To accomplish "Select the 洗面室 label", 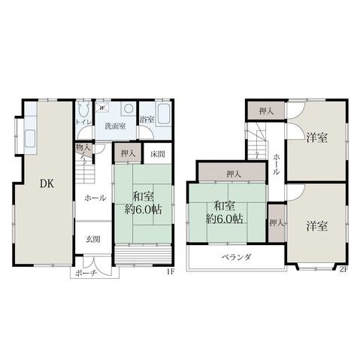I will pyautogui.click(x=115, y=124).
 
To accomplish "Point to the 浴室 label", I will pyautogui.click(x=147, y=119).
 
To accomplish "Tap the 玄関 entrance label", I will pyautogui.click(x=92, y=239).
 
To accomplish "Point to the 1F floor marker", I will pyautogui.click(x=170, y=271).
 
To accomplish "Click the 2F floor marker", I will pyautogui.click(x=344, y=270).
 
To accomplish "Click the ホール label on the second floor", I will pyautogui.click(x=277, y=165).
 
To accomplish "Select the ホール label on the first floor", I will pyautogui.click(x=95, y=198).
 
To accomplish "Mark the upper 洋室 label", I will pyautogui.click(x=316, y=138).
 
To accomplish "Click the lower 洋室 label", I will pyautogui.click(x=316, y=225).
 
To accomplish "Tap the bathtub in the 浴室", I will pyautogui.click(x=165, y=118).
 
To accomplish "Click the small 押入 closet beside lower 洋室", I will pyautogui.click(x=277, y=224).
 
